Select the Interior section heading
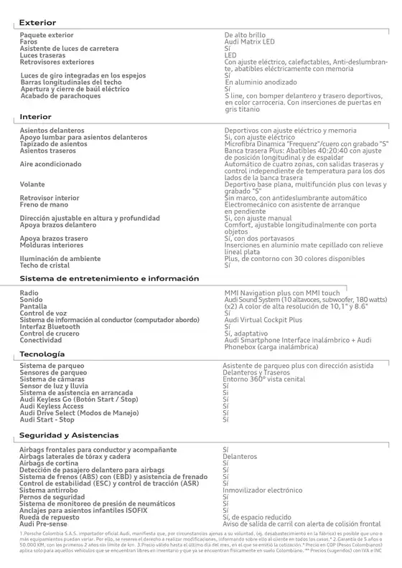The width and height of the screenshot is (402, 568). [35, 116]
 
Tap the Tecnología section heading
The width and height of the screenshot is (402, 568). [42, 355]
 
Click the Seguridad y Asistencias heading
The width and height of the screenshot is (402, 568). [69, 435]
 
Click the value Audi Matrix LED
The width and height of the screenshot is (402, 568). [249, 42]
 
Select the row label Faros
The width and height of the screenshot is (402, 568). [29, 42]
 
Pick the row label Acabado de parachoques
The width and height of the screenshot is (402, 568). [60, 95]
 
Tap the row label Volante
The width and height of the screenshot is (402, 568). [32, 184]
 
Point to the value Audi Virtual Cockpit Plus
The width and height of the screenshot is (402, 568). [263, 320]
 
